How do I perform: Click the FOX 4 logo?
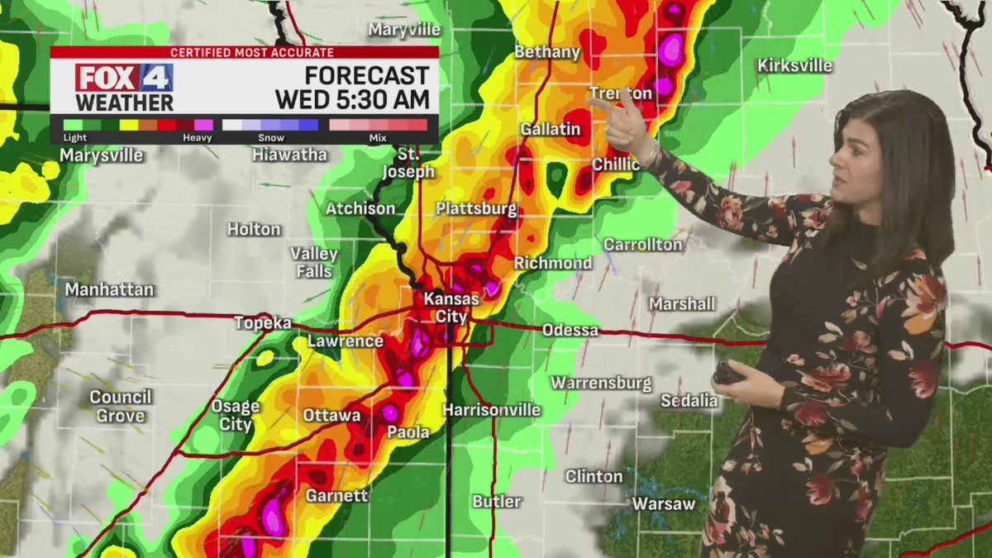coord(124,78)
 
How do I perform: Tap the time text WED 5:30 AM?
coord(352,100)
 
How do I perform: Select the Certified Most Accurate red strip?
coord(245,52)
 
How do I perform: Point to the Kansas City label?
coord(446,307)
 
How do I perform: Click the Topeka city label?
coord(263,323)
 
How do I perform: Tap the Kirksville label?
coord(795,65)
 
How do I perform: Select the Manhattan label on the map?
coord(109,290)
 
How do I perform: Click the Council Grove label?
coord(121,406)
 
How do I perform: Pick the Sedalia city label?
coord(689,401)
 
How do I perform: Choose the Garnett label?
coord(336,496)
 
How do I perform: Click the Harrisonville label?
coord(491,410)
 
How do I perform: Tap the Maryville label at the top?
coord(404,30)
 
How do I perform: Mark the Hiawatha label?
coord(289,155)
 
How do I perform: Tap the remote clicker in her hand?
coord(728,373)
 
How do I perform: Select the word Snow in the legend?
coord(270,138)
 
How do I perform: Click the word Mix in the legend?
coord(378,138)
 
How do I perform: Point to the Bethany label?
coord(546,52)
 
